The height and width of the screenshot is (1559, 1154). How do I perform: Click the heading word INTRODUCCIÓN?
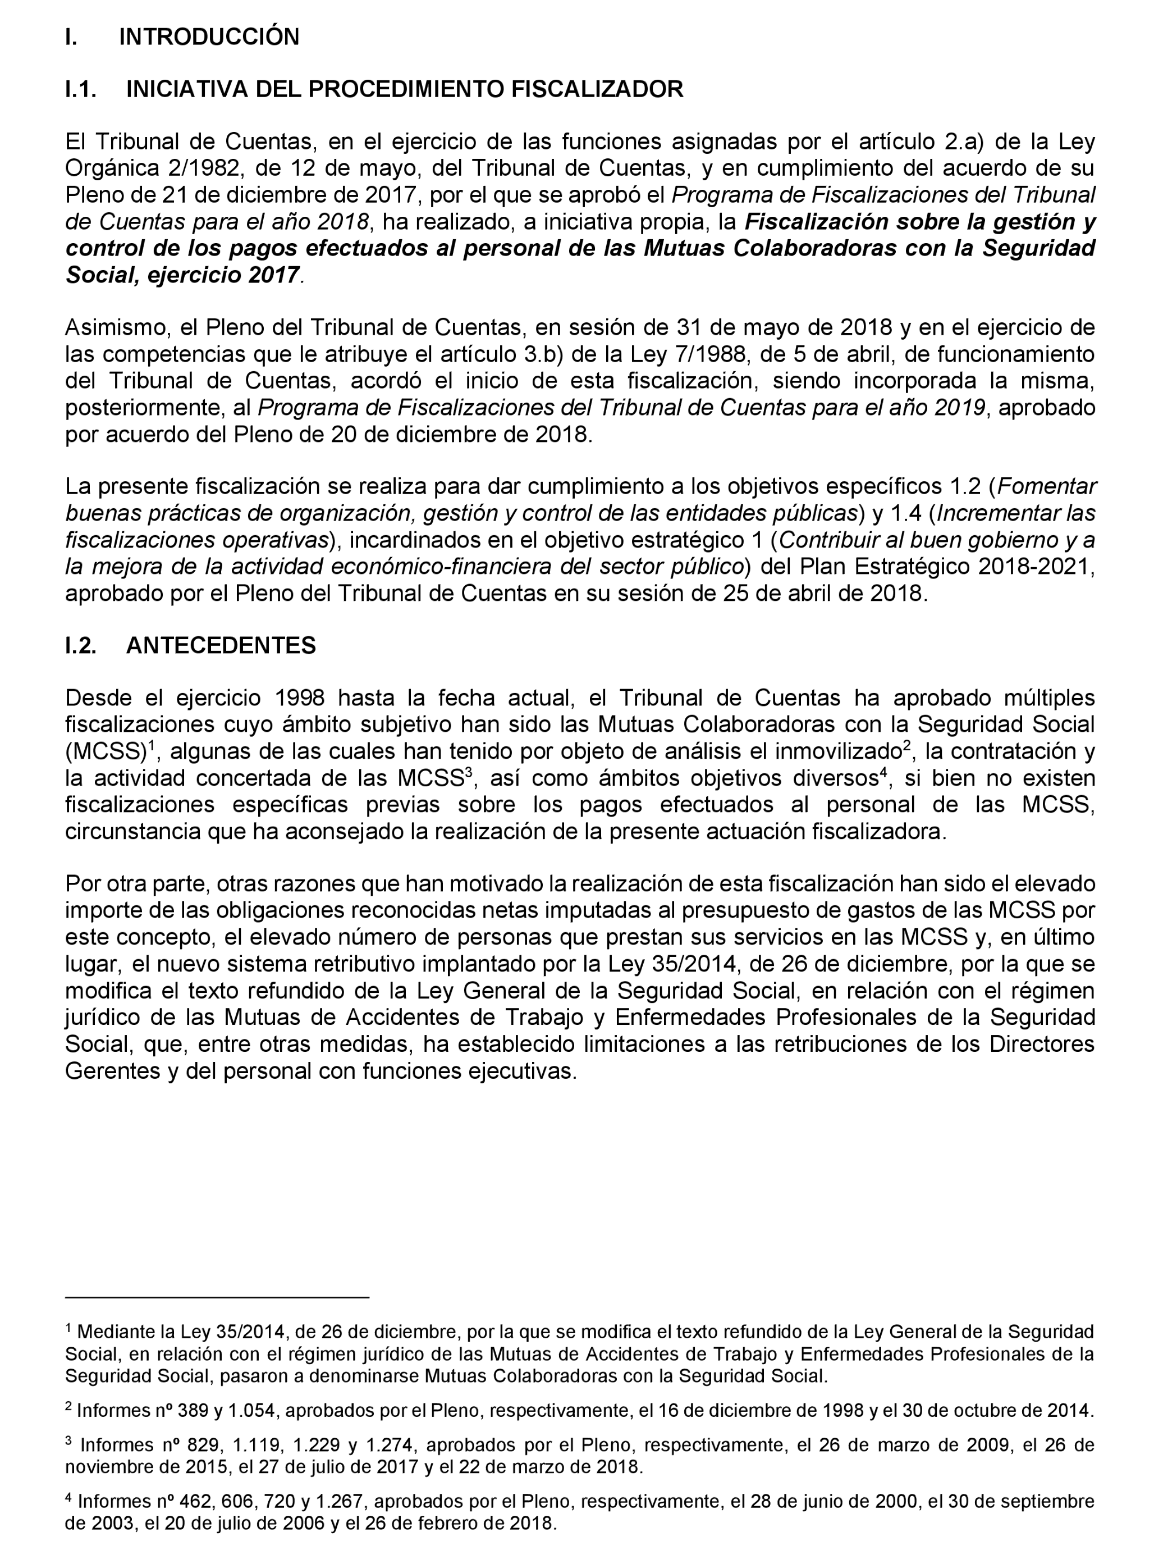pyautogui.click(x=209, y=37)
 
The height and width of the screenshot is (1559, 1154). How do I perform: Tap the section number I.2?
pyautogui.click(x=80, y=645)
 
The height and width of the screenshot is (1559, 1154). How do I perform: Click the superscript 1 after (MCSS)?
pyautogui.click(x=151, y=746)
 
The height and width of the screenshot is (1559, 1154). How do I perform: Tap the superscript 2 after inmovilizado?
pyautogui.click(x=906, y=746)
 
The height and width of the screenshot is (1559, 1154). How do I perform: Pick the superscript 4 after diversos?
pyautogui.click(x=883, y=773)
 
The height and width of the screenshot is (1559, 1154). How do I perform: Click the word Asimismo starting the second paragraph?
pyautogui.click(x=112, y=328)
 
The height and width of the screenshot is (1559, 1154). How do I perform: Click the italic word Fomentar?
pyautogui.click(x=1051, y=486)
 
